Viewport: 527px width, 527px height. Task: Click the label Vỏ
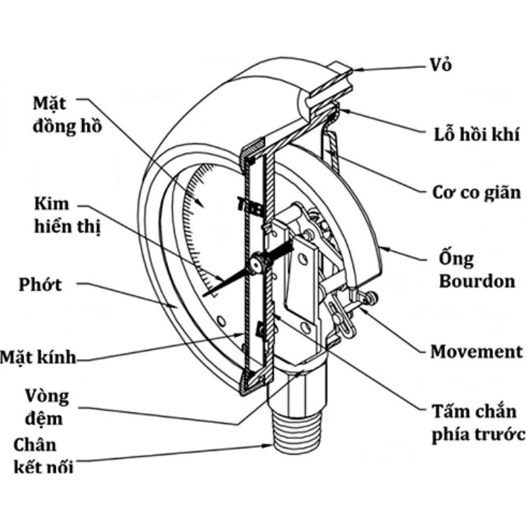pyautogui.click(x=441, y=64)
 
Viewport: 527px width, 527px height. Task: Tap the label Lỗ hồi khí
pyautogui.click(x=476, y=134)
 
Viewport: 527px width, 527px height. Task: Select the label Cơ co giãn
pyautogui.click(x=476, y=192)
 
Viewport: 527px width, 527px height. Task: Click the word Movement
pyautogui.click(x=477, y=351)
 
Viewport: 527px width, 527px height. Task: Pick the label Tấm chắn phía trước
pyautogui.click(x=478, y=422)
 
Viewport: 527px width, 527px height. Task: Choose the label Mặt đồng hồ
pyautogui.click(x=67, y=115)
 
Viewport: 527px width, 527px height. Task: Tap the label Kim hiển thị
pyautogui.click(x=67, y=215)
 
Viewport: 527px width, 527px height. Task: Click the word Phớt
pyautogui.click(x=40, y=284)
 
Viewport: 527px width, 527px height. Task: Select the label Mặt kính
pyautogui.click(x=38, y=357)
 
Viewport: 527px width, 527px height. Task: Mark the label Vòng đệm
pyautogui.click(x=47, y=407)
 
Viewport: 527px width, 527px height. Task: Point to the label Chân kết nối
pyautogui.click(x=43, y=455)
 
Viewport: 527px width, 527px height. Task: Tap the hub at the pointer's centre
pyautogui.click(x=258, y=263)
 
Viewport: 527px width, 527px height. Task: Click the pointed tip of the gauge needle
pyautogui.click(x=204, y=295)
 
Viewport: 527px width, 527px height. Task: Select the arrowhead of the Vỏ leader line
pyautogui.click(x=356, y=70)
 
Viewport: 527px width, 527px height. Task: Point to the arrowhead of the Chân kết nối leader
pyautogui.click(x=268, y=446)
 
